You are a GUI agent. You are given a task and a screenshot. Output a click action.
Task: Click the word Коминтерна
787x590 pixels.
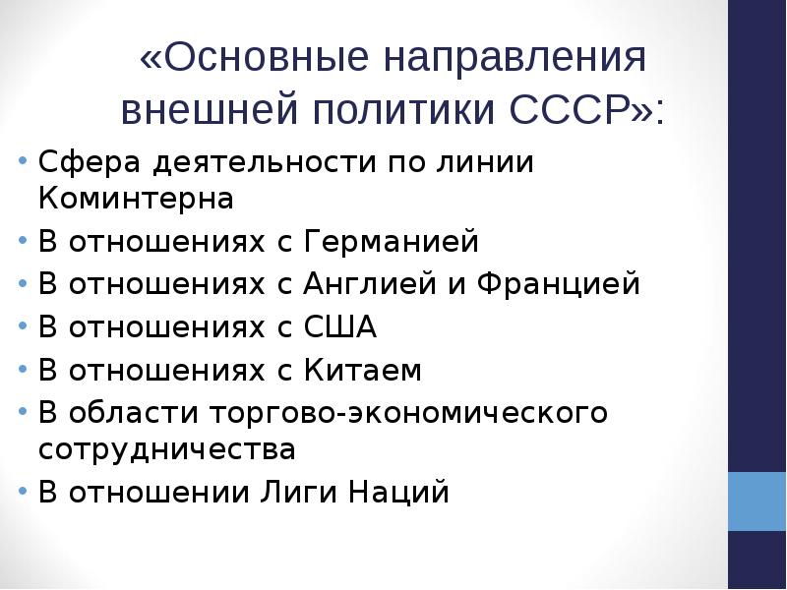[136, 199]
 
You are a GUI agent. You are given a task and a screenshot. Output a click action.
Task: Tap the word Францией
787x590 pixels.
[556, 284]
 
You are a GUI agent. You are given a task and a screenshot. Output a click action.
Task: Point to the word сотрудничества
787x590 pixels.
[167, 449]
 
